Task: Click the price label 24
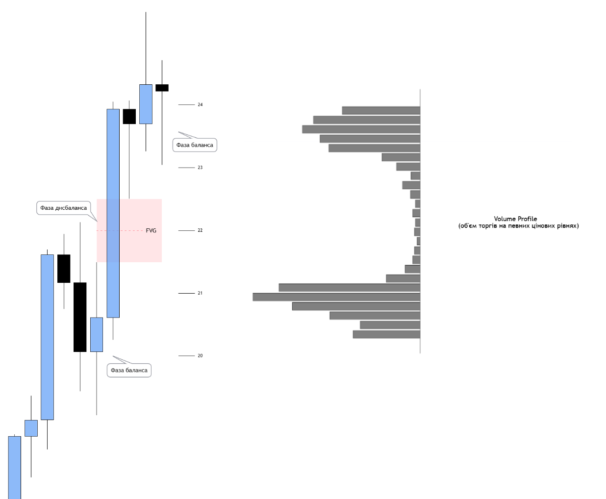pos(200,104)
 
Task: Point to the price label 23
pos(200,168)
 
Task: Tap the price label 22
pos(200,230)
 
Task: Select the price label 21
pos(200,293)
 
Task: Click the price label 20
pos(200,356)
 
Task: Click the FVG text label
pos(151,231)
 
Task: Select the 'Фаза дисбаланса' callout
pos(64,208)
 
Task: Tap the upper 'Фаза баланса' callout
pos(195,145)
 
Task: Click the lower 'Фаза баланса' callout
pos(129,370)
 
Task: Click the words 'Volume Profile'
pos(515,219)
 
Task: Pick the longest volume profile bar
pos(336,297)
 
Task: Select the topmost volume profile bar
pos(381,110)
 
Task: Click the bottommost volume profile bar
pos(386,334)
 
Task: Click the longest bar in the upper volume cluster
pos(361,129)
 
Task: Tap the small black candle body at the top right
pos(162,88)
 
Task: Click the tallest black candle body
pos(80,317)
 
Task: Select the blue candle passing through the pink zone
pos(113,213)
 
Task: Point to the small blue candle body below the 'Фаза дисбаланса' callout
pos(97,334)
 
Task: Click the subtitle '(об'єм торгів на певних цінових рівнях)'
pos(518,226)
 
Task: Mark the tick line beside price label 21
pos(187,293)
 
